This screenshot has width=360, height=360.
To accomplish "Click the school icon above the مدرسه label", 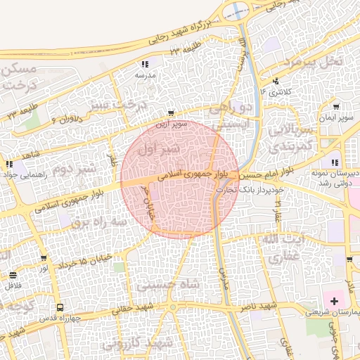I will (145, 65).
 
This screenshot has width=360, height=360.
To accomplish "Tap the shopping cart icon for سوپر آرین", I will (171, 113).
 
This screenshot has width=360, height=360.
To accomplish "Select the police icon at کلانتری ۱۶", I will (276, 80).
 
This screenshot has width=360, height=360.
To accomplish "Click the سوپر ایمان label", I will (334, 117).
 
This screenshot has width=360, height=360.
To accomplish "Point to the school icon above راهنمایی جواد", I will (10, 164).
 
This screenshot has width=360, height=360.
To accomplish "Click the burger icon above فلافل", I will (13, 275).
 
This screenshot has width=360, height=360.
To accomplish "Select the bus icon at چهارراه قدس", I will (60, 307).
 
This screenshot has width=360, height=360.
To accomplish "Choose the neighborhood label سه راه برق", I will (90, 221).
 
